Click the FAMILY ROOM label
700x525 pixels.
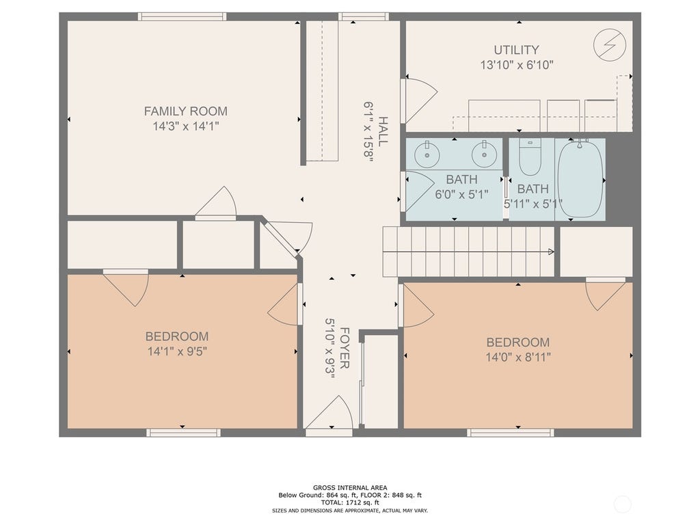click(x=185, y=111)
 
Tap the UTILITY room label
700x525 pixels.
click(x=517, y=49)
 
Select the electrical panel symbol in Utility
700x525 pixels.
click(x=610, y=44)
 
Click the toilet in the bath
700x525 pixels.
click(x=530, y=157)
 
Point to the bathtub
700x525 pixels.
click(x=580, y=178)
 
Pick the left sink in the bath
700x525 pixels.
click(x=427, y=154)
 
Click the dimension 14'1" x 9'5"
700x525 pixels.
click(x=177, y=351)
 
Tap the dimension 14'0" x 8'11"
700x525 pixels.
click(x=518, y=357)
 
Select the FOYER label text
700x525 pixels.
click(x=345, y=348)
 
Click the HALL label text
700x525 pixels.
click(x=383, y=131)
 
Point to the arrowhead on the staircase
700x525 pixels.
click(x=552, y=252)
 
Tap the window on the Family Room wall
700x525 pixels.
click(x=182, y=16)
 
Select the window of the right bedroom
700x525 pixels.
click(x=511, y=433)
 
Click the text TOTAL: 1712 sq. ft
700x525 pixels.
click(x=350, y=502)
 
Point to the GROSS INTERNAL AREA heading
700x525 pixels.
click(x=350, y=487)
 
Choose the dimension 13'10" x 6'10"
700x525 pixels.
click(x=517, y=65)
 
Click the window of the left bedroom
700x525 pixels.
click(x=183, y=433)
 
